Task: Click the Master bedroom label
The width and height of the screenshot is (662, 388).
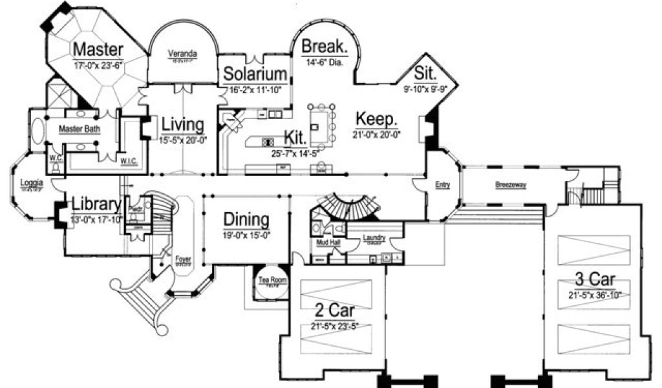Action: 98,49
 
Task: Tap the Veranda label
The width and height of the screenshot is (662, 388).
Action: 182,53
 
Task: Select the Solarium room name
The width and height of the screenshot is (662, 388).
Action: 255,74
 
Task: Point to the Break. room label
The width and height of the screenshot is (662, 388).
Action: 325,47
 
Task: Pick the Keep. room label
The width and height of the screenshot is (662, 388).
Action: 377,120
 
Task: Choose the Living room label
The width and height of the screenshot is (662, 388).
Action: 183,124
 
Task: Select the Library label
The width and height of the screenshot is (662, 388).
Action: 96,204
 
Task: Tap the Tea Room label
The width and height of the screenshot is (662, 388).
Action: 272,280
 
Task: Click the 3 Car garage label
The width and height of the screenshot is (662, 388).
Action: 595,279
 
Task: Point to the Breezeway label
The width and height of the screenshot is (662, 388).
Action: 511,185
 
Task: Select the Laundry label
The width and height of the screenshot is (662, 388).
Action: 374,237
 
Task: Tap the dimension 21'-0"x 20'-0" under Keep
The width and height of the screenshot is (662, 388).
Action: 377,135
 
